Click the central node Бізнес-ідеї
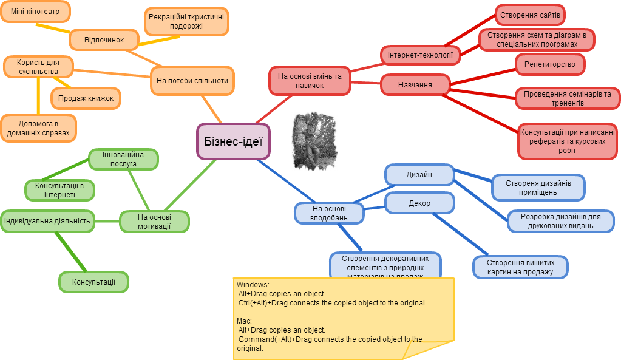233,141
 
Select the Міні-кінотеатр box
35,12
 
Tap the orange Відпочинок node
104,39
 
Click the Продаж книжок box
86,98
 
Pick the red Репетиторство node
550,64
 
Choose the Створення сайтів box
530,15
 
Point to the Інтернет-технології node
420,55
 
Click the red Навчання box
415,85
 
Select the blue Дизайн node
419,175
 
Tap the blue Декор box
419,203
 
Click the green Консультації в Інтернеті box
59,190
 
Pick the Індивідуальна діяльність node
47,221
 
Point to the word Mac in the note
244,321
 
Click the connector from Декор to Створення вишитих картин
460,234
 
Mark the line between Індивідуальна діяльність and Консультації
71,252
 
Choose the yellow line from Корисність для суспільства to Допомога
38,97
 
